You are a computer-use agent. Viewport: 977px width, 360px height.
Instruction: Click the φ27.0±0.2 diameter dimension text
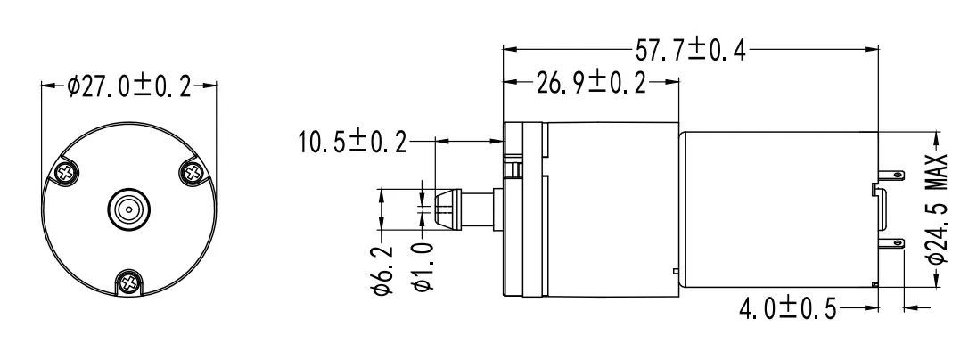point(130,86)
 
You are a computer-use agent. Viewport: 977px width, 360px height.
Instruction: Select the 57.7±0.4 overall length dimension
point(691,50)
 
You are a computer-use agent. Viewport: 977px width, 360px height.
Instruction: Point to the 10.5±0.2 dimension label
point(351,142)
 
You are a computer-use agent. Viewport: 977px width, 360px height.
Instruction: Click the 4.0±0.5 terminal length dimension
point(788,309)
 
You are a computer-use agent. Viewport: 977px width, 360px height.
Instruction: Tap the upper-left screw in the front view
point(66,169)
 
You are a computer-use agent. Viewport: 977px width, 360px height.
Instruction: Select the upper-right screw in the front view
point(194,169)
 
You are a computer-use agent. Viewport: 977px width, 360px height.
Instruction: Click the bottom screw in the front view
point(130,283)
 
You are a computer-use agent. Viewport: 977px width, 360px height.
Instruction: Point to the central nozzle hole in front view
point(130,210)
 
